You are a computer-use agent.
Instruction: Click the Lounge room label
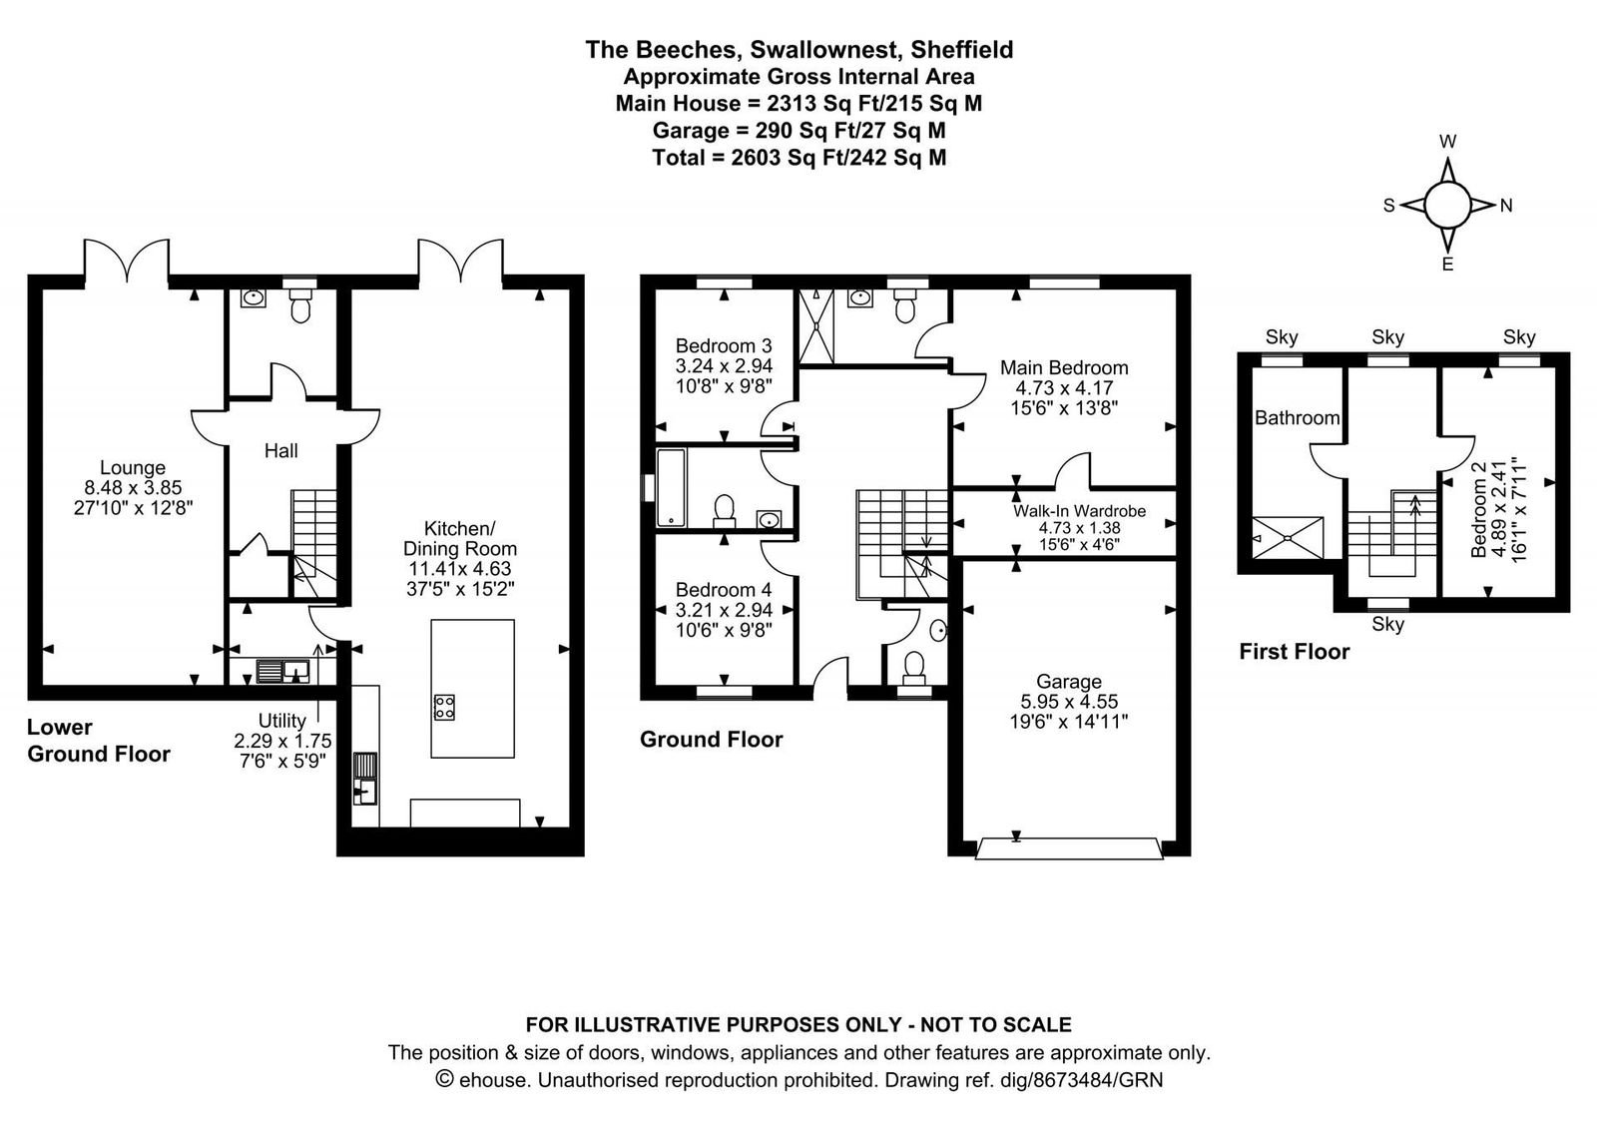(x=133, y=468)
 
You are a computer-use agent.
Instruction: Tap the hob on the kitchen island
(x=444, y=707)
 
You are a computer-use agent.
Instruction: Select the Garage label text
(x=1069, y=682)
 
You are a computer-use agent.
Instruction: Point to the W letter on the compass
(x=1447, y=142)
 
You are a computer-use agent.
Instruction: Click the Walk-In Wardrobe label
(x=1079, y=510)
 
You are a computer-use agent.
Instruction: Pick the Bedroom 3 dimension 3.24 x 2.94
(x=724, y=365)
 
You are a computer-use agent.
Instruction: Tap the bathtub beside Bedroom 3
(x=671, y=488)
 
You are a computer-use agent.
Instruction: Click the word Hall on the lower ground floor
(x=280, y=450)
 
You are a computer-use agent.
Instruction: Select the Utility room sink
(x=283, y=671)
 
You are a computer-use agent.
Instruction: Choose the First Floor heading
(x=1294, y=652)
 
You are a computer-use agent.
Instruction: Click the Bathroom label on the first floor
(x=1297, y=418)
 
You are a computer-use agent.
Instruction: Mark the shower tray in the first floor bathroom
(x=1288, y=538)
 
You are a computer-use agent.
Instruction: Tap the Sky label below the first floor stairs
(x=1387, y=624)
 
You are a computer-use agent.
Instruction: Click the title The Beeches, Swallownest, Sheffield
(x=798, y=49)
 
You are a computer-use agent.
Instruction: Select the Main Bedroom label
(x=1064, y=368)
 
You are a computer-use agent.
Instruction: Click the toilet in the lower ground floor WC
(x=300, y=305)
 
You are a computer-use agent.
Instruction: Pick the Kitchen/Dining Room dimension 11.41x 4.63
(x=460, y=569)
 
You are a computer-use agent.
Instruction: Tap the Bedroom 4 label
(x=724, y=590)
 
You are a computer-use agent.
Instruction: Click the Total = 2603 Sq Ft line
(x=798, y=158)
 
